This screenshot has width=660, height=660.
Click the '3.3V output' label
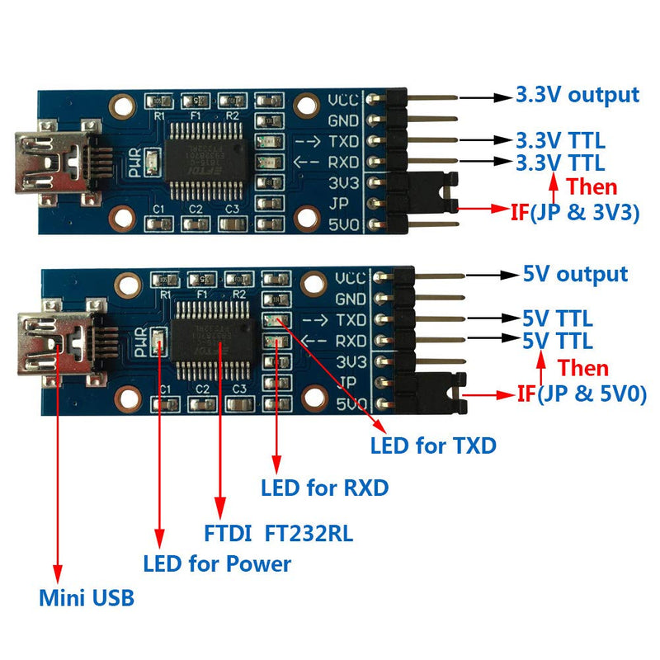(577, 95)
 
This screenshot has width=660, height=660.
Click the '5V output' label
(575, 274)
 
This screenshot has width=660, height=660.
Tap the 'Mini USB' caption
(87, 597)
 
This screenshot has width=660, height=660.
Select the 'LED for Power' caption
(217, 564)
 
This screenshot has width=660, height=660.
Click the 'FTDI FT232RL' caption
(278, 534)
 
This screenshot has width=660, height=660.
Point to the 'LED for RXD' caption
(324, 488)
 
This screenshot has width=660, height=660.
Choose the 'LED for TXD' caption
(433, 446)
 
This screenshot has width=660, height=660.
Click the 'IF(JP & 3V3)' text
(575, 212)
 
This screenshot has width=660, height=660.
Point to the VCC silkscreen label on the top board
(343, 101)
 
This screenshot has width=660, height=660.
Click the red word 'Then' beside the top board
(592, 186)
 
